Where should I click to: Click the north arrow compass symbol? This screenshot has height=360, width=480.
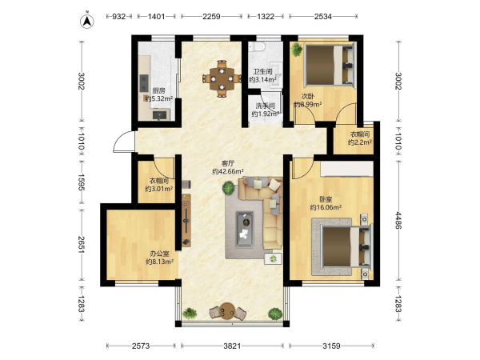tap(87, 21)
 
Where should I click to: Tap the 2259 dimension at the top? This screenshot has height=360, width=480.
tap(211, 16)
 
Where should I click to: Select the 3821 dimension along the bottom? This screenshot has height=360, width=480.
tap(232, 346)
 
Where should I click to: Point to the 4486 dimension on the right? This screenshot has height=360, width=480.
tap(398, 221)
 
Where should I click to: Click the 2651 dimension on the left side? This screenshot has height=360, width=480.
tap(81, 244)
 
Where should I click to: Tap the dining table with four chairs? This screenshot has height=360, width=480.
tap(222, 78)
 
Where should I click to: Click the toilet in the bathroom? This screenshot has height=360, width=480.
tap(257, 47)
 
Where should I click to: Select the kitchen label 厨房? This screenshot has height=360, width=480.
tap(159, 90)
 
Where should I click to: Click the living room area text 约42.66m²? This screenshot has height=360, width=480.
tap(228, 171)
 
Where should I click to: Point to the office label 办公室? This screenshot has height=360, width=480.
tap(159, 254)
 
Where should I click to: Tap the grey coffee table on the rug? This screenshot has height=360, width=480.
tap(245, 230)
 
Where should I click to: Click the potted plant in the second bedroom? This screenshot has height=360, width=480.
tap(297, 50)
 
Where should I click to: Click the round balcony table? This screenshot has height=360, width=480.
tap(227, 310)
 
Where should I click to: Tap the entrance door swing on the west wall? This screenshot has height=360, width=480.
tap(124, 142)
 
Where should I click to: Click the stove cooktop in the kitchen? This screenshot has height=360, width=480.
tap(144, 83)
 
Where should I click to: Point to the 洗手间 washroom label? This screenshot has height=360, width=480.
tap(265, 106)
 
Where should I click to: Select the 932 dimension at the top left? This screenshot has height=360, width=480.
tap(118, 16)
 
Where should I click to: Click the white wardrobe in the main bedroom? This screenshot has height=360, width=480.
tap(347, 169)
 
